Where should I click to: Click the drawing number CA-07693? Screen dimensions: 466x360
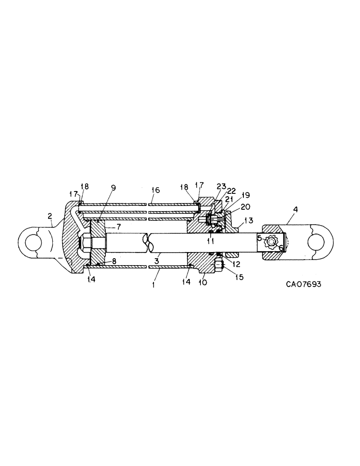tap(304, 283)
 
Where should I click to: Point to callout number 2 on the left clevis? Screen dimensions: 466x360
tap(49, 215)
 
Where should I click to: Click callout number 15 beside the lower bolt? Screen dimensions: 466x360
tap(227, 276)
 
